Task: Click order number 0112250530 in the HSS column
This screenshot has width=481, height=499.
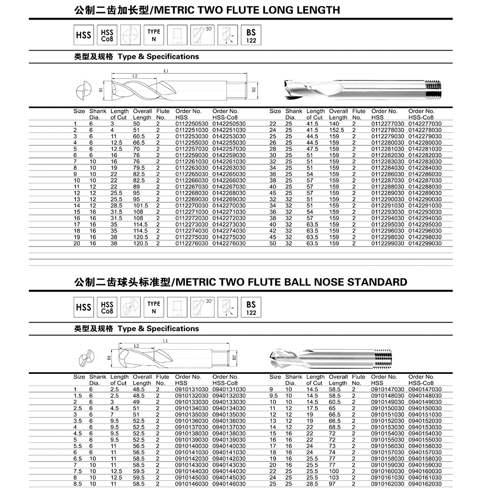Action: tap(191, 124)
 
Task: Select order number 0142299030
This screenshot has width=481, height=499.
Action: tap(425, 243)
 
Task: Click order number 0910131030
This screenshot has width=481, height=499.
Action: tap(191, 389)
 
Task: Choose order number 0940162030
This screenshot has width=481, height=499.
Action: tap(425, 483)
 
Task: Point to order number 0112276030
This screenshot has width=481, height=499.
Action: tap(191, 243)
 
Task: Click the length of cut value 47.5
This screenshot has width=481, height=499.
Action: tap(312, 149)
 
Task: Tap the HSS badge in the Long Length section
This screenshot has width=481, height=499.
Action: tap(83, 35)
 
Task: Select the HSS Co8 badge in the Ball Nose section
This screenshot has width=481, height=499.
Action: tap(107, 307)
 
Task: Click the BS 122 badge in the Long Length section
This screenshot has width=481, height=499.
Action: tap(251, 35)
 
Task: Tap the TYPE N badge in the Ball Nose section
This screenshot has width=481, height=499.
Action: tap(153, 307)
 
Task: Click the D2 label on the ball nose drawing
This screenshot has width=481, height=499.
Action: tap(234, 357)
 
